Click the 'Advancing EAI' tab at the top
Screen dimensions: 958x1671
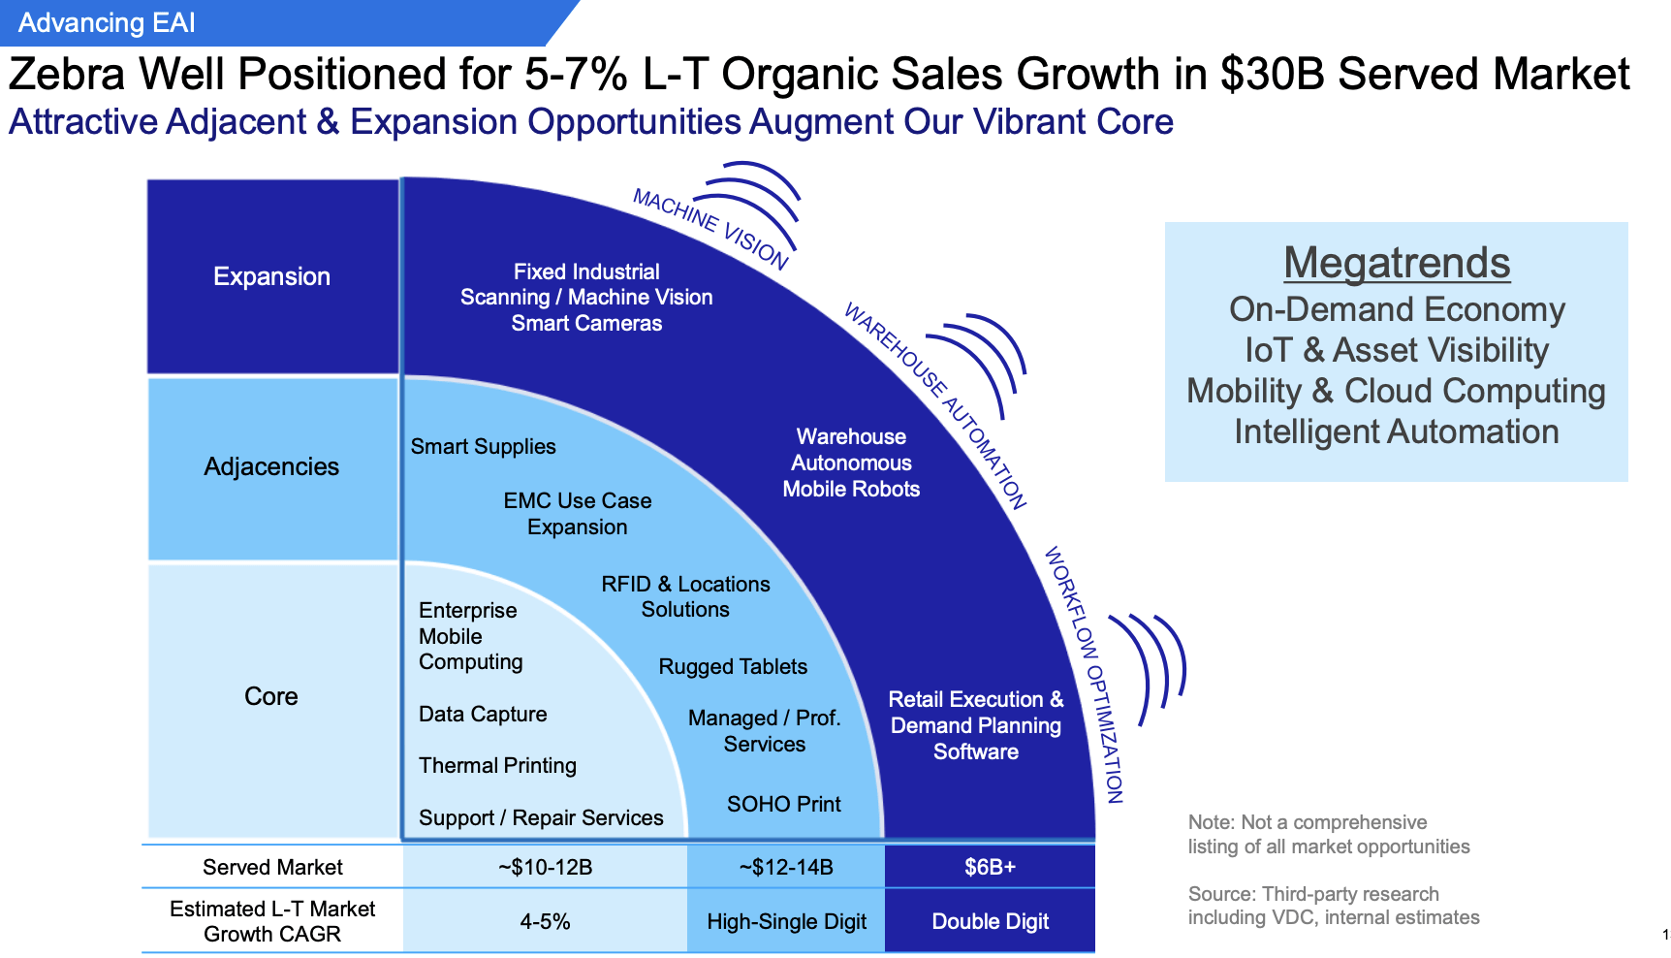coord(107,23)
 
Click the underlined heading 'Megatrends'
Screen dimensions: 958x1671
coord(1396,263)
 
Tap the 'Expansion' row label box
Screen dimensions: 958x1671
coord(271,276)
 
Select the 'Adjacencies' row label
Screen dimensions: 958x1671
coord(271,466)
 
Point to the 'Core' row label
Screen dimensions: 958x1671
coord(271,696)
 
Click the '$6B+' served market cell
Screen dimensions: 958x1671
coord(990,867)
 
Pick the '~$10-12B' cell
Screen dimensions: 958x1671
coord(545,867)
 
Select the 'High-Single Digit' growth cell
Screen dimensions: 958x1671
coord(786,921)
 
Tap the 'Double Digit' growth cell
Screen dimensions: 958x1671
coord(990,921)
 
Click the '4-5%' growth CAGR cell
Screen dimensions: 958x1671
coord(545,921)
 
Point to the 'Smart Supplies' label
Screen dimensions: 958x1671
coord(483,446)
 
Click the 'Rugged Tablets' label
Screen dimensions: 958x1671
coord(733,666)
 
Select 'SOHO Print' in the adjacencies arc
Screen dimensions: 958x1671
coord(783,804)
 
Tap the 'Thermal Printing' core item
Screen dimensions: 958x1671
coord(497,765)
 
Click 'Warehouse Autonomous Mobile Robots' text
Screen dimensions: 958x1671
coord(851,463)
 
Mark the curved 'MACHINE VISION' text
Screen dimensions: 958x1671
coord(709,228)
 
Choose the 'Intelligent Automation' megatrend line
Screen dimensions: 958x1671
coord(1396,431)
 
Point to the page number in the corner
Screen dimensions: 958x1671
coord(1664,935)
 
